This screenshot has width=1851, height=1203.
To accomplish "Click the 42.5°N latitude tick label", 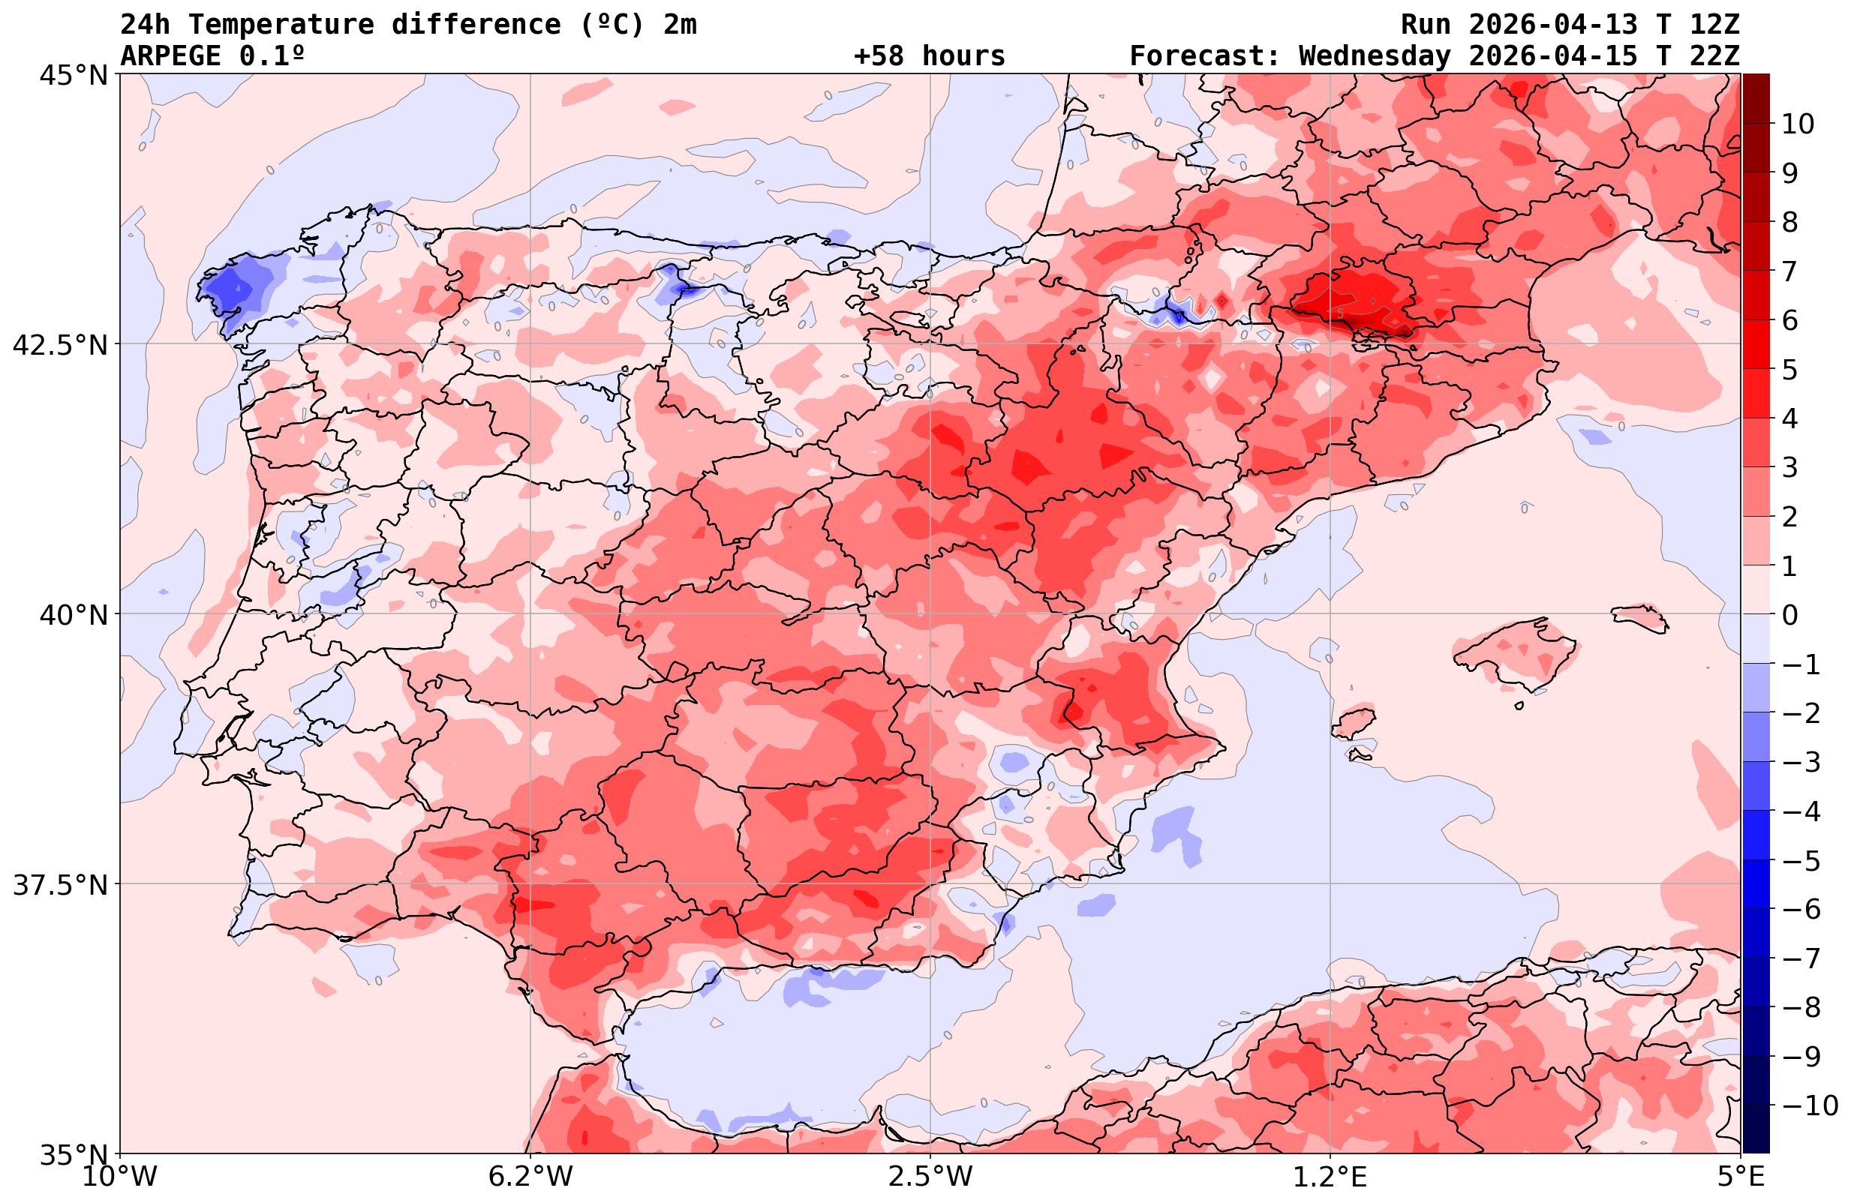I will point(61,344).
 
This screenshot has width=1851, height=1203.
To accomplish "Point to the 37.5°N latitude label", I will point(61,885).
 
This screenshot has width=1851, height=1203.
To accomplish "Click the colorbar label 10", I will point(1797,124).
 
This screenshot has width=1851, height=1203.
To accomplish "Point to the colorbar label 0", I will point(1789,615).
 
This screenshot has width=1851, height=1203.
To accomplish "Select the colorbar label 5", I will point(1789,370).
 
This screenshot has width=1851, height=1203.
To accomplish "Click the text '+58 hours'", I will point(930,56).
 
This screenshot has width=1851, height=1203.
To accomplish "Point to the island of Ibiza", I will point(1354,721).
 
